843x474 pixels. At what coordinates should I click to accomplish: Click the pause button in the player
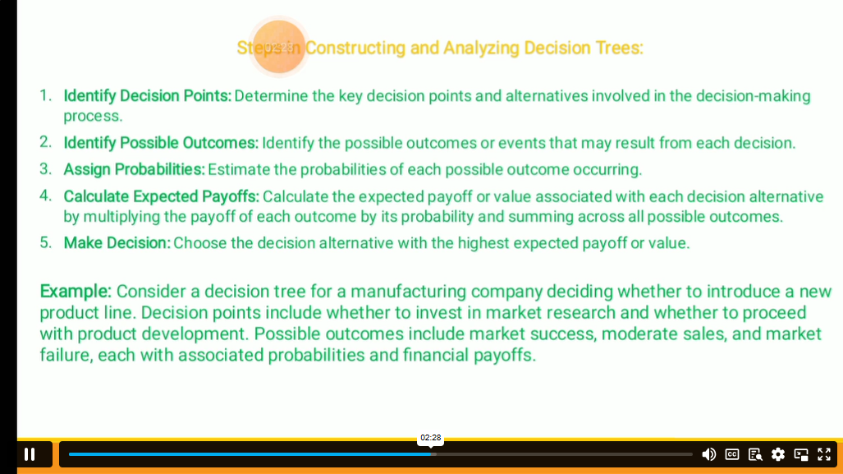[x=30, y=454]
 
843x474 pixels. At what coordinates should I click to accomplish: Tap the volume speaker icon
[x=708, y=454]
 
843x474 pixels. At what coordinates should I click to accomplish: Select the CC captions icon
[x=731, y=454]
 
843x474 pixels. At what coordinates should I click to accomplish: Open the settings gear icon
[x=778, y=454]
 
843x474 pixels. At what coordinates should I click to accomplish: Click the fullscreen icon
[x=824, y=454]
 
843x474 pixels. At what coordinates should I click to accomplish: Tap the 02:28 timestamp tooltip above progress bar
[x=431, y=437]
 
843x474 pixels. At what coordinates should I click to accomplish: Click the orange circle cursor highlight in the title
[x=278, y=47]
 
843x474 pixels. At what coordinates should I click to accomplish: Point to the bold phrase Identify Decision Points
[x=147, y=96]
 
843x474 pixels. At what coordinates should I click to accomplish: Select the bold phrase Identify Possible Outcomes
[x=161, y=143]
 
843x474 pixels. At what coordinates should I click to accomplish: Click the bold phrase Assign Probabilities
[x=134, y=169]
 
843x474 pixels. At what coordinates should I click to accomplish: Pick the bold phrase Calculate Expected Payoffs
[x=161, y=196]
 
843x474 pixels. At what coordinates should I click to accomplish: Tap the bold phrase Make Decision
[x=117, y=243]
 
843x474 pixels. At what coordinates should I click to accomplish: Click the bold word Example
[x=76, y=292]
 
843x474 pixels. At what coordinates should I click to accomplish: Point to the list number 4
[x=46, y=196]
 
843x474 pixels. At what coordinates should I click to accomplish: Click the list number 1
[x=46, y=95]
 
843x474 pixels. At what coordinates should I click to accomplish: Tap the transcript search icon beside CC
[x=755, y=454]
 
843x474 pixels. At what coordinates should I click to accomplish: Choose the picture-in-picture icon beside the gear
[x=801, y=454]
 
